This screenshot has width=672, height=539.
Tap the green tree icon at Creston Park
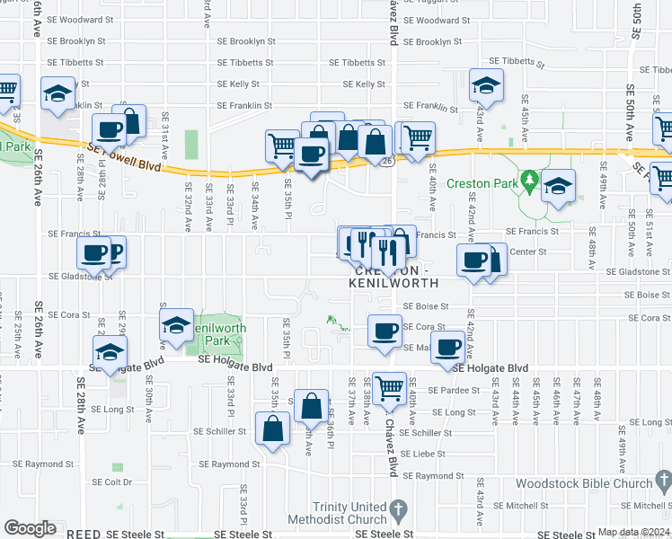pos(530,182)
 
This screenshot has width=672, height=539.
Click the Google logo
pos(30,527)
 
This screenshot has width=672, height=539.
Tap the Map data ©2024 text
pos(633,533)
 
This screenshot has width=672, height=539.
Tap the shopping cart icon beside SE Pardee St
pos(390,388)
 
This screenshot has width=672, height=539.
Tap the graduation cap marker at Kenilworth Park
pos(177,323)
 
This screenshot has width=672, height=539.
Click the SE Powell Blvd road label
pos(125,158)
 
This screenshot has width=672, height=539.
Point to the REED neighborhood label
pos(84,534)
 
